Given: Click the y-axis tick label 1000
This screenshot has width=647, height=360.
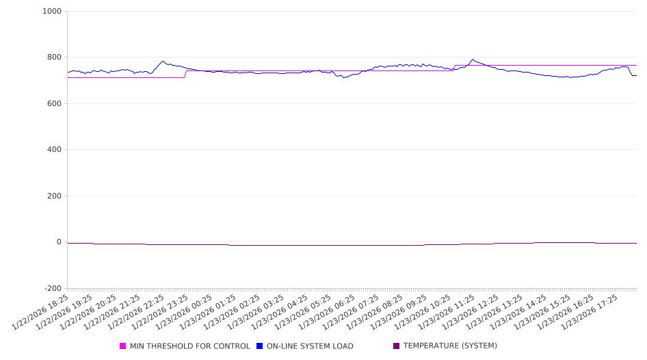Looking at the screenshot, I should tap(52, 12).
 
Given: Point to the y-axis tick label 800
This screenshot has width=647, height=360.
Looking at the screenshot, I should tap(54, 57).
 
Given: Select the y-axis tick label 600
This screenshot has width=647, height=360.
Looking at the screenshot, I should tap(54, 104).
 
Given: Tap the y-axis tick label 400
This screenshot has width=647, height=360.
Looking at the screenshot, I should tap(54, 150).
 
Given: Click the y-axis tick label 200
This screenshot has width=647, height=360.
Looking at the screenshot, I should tap(54, 196).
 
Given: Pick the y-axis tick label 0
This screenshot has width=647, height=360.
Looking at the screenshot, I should tap(59, 242).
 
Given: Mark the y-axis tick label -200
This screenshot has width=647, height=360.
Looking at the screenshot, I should tap(52, 289).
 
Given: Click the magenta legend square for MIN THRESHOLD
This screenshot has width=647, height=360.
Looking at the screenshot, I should tap(123, 346).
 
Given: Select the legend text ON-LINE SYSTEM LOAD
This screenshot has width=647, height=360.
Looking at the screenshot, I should tap(310, 346).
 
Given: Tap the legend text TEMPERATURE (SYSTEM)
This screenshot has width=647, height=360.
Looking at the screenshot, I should tap(450, 346).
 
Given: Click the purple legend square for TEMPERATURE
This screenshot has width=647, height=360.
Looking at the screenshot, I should tap(396, 346).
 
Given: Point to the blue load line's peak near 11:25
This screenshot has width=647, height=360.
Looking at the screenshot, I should tap(473, 60).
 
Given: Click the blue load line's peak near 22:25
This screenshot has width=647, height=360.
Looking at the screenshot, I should tap(162, 61).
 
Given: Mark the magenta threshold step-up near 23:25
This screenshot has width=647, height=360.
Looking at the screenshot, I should tap(186, 74).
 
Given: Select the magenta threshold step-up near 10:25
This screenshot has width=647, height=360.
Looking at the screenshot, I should tap(454, 68).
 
